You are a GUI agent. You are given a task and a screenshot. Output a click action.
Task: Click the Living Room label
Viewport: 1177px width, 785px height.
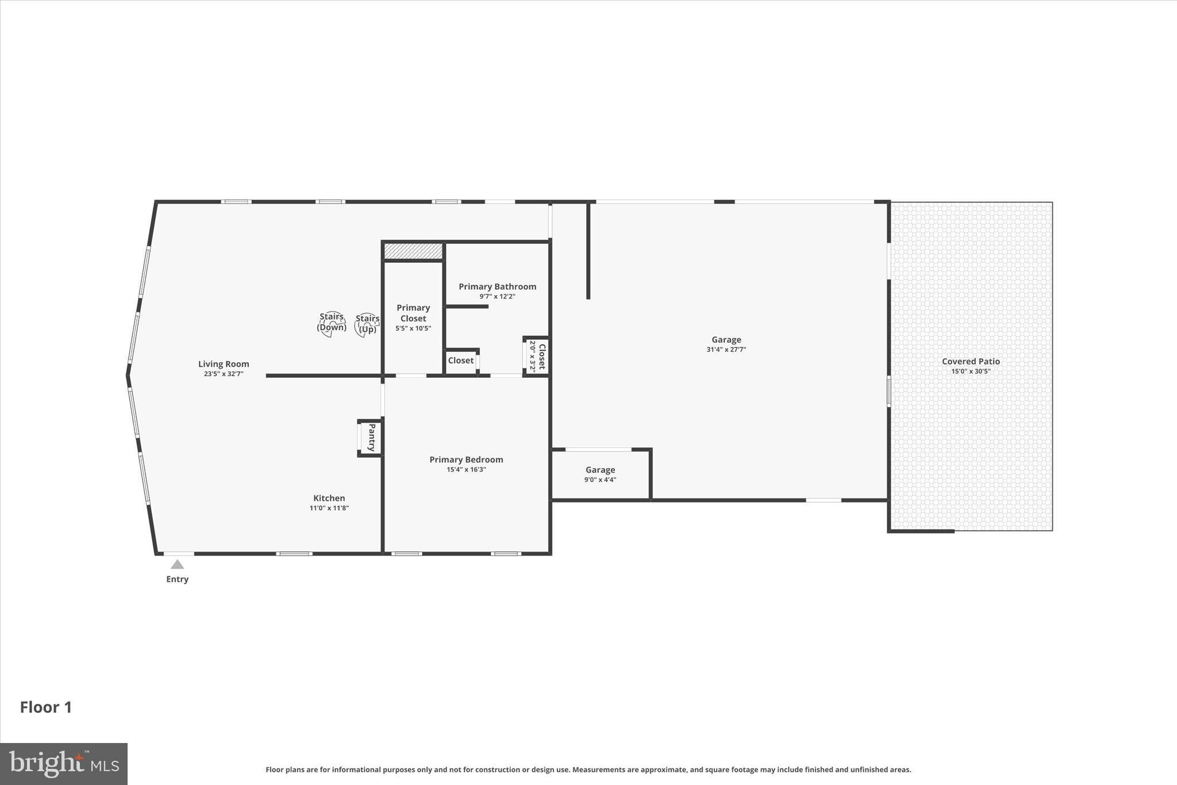pos(224,363)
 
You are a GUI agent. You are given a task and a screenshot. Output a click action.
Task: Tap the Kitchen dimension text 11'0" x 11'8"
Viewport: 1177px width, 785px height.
pos(329,508)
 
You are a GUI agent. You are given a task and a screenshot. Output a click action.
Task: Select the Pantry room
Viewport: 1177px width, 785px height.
pos(371,438)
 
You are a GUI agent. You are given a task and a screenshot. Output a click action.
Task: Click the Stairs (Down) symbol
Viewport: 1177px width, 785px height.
pos(332,324)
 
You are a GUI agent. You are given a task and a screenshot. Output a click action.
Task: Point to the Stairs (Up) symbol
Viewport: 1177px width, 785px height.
pos(367,326)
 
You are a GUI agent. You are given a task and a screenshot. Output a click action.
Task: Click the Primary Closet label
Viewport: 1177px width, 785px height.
pos(413,313)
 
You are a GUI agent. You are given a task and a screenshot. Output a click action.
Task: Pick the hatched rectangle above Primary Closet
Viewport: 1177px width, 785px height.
pos(413,251)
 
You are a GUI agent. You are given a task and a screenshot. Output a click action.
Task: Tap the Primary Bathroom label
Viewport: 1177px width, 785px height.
pos(497,286)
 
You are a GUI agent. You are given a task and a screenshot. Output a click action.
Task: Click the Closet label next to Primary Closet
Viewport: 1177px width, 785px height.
pos(461,361)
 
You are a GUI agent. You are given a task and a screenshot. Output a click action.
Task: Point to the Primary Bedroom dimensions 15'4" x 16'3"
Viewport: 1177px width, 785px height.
pos(466,469)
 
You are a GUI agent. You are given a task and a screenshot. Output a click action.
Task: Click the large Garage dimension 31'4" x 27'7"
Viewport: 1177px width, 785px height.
pos(726,349)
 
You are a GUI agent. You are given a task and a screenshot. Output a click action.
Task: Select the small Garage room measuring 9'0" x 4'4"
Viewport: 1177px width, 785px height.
pos(600,474)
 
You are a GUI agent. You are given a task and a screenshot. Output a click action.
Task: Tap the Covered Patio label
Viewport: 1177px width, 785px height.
pos(971,361)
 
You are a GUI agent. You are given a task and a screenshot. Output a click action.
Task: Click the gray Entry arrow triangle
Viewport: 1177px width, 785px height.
pos(177,565)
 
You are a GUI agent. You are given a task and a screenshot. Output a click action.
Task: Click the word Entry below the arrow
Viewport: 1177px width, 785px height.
pos(177,579)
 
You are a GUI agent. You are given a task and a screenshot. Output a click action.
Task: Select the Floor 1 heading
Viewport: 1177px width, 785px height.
pos(46,707)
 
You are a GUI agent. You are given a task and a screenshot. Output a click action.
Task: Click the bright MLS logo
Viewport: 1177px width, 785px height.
pos(64,764)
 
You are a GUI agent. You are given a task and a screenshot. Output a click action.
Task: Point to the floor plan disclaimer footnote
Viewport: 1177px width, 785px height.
pos(588,769)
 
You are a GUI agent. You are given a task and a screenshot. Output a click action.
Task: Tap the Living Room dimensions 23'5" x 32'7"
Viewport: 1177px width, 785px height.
pos(224,374)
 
